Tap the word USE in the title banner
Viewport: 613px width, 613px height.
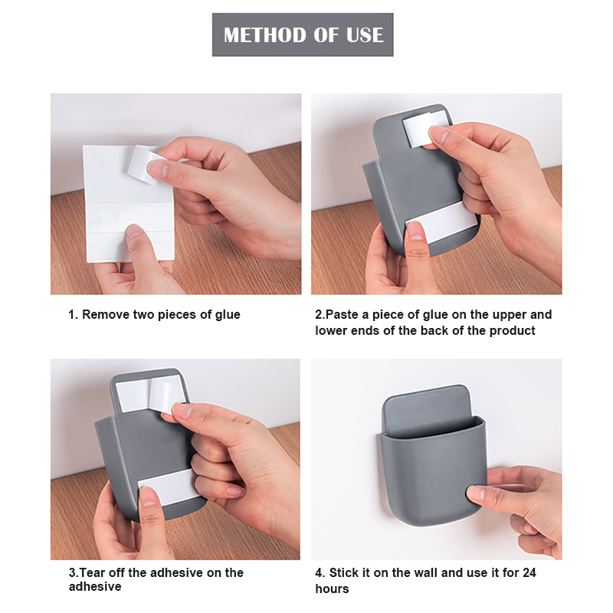365,34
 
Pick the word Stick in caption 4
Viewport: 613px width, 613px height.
344,572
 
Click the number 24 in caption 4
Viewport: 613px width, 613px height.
529,572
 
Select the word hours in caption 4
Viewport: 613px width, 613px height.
332,588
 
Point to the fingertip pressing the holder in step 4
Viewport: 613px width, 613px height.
476,494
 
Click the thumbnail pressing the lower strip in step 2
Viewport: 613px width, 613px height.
415,230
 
